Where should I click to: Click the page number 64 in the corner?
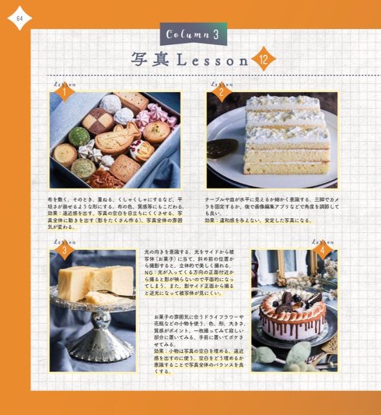[18, 19]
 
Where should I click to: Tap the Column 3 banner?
[193, 35]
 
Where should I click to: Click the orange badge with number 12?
[264, 58]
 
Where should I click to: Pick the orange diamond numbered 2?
[220, 93]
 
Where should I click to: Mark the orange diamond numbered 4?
[321, 251]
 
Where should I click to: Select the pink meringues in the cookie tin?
[156, 117]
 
